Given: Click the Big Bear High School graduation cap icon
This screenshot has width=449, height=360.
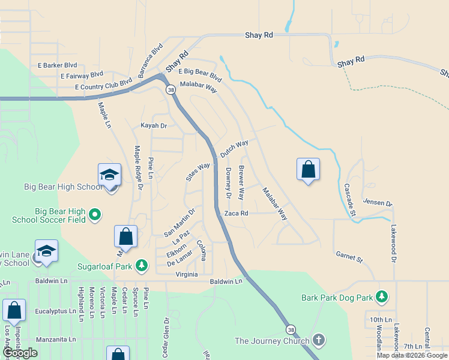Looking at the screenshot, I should [x=109, y=175].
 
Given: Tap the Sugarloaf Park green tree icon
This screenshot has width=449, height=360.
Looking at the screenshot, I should [x=141, y=265].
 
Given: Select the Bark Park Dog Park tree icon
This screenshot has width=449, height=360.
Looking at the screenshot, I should [x=381, y=296].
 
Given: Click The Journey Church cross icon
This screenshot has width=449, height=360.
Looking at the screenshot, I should [x=318, y=340].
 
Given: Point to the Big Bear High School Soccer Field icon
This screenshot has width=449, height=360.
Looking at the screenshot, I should [x=94, y=214].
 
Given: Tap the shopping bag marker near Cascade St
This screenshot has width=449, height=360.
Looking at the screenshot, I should [x=308, y=169].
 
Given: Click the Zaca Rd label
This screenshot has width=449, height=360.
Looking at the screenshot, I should [x=236, y=213].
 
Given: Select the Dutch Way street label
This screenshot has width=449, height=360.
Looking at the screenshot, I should [x=234, y=149].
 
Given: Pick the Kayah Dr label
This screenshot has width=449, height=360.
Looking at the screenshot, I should [x=153, y=125].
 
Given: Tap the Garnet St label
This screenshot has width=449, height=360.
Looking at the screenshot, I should [x=350, y=258].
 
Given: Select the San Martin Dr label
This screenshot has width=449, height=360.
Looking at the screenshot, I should [x=179, y=222].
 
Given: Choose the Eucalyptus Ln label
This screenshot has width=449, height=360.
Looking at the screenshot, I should [x=56, y=311].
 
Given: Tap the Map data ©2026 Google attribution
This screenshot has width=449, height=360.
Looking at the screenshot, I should [x=412, y=355].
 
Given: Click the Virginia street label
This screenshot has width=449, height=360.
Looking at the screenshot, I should [x=187, y=274].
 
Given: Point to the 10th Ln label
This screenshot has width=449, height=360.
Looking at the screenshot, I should [x=380, y=320].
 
